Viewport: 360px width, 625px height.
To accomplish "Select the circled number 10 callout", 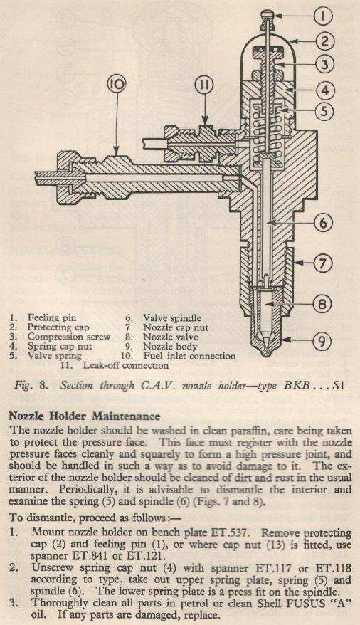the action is click(x=116, y=85).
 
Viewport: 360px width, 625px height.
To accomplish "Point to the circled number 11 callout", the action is click(x=205, y=85).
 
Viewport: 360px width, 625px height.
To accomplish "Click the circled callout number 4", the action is click(x=324, y=90).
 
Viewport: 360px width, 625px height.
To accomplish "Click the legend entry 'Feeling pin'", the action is click(x=51, y=317).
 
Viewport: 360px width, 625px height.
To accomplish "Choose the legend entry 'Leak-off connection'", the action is click(x=125, y=365).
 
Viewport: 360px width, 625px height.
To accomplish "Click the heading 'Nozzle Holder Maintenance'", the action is click(x=85, y=416).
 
